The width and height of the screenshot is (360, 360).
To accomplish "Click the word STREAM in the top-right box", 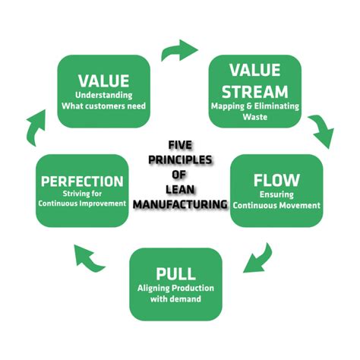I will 255,90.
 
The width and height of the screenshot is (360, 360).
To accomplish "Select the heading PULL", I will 175,274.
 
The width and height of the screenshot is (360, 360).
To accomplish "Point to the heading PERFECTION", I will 82,182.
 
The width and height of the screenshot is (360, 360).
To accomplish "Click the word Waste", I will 255,117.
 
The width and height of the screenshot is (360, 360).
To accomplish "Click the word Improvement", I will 106,204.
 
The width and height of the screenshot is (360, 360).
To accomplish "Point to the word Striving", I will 73,194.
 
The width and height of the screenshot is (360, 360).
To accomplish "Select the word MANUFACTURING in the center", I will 180,204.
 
